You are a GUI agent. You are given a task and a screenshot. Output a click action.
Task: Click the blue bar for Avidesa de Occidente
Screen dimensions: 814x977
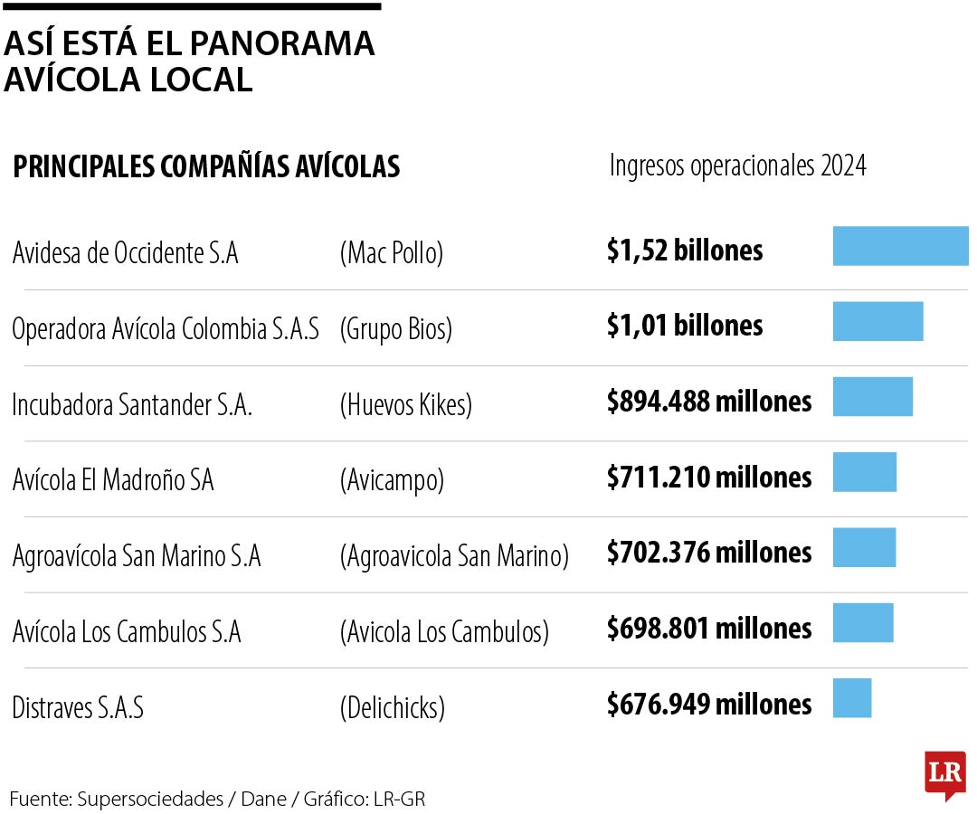tap(900, 246)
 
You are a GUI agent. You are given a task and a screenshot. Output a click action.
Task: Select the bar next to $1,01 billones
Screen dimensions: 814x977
tap(877, 321)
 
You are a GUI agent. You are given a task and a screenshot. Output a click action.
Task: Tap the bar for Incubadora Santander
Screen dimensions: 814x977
tap(872, 397)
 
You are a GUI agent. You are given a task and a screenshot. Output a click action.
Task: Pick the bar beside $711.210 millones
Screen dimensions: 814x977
tap(864, 472)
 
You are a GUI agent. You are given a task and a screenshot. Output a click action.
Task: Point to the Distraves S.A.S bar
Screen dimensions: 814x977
tap(851, 698)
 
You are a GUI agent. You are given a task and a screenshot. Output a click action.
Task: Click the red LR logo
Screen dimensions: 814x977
tap(944, 774)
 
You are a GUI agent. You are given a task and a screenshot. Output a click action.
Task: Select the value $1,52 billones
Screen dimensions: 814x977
tap(685, 251)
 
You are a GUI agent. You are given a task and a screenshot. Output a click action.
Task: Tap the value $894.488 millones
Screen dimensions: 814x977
tap(709, 402)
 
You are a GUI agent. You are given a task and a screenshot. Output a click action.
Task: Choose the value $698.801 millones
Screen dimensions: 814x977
tap(709, 628)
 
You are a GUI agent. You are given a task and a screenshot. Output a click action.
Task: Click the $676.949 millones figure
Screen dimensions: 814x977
tap(709, 704)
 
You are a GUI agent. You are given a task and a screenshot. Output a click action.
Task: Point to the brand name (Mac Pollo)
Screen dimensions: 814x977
tap(392, 253)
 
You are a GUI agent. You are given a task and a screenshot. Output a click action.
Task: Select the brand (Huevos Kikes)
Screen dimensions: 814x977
tap(406, 404)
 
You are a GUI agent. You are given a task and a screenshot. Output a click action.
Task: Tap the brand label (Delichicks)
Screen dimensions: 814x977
tap(393, 707)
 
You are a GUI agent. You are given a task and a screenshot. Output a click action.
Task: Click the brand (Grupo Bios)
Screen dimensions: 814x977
tap(395, 329)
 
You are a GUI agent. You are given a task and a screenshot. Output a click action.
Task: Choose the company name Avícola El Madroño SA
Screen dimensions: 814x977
tap(113, 479)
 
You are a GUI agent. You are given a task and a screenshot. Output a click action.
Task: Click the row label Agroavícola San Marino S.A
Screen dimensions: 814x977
tap(137, 555)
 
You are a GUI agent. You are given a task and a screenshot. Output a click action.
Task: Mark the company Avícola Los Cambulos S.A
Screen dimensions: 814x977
tap(127, 631)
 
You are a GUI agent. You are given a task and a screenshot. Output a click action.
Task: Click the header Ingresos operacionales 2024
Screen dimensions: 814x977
tap(737, 166)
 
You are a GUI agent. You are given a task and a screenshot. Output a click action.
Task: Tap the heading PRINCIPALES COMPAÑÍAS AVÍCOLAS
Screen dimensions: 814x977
tap(206, 167)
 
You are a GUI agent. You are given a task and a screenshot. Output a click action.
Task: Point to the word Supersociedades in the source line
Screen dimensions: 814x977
tap(150, 799)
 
